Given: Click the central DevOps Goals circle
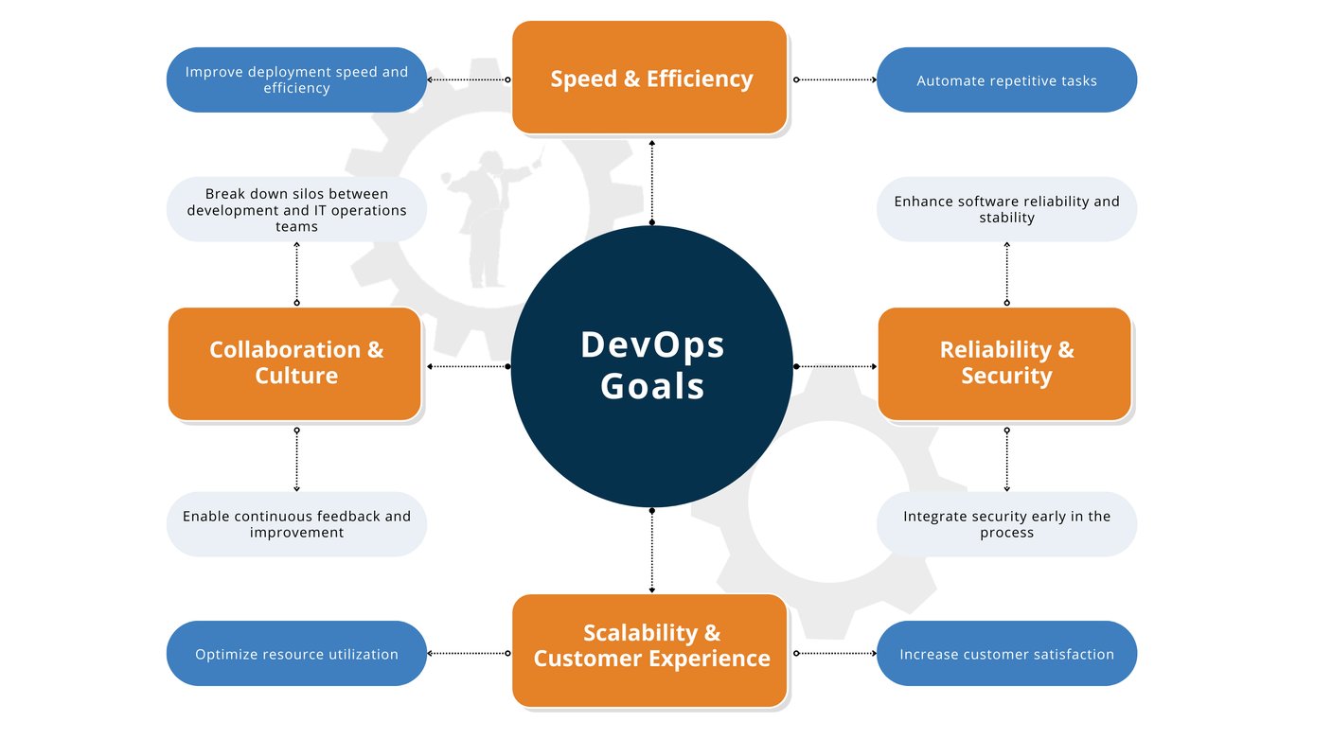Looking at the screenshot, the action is tap(651, 366).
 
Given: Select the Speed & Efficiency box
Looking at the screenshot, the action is tap(649, 78).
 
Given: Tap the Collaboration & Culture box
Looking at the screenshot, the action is tap(295, 364).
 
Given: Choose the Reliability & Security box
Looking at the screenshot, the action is tap(1004, 364).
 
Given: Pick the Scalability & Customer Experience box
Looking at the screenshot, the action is tap(649, 650).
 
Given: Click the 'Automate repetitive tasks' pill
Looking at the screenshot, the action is tap(1006, 79).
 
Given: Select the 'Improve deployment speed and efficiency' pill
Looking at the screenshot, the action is tap(296, 79).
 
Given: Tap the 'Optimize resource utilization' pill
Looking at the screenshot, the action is tap(296, 654).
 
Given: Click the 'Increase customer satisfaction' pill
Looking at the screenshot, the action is tap(1006, 654).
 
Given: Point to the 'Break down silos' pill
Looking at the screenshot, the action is tap(296, 209).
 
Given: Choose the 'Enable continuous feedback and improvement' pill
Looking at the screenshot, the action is tap(296, 524).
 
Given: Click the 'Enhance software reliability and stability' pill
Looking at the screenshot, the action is tap(1006, 209).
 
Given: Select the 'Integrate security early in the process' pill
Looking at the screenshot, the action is tap(1006, 524).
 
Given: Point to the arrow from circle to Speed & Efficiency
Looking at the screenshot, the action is tap(652, 183).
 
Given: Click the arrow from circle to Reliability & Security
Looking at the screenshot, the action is tap(836, 366).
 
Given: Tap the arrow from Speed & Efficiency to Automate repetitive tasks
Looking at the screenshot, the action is tap(836, 79).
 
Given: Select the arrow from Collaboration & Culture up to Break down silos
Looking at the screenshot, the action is tap(296, 273).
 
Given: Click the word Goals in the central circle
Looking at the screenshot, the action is tap(652, 386).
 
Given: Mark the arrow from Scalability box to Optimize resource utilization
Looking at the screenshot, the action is tap(469, 654).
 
